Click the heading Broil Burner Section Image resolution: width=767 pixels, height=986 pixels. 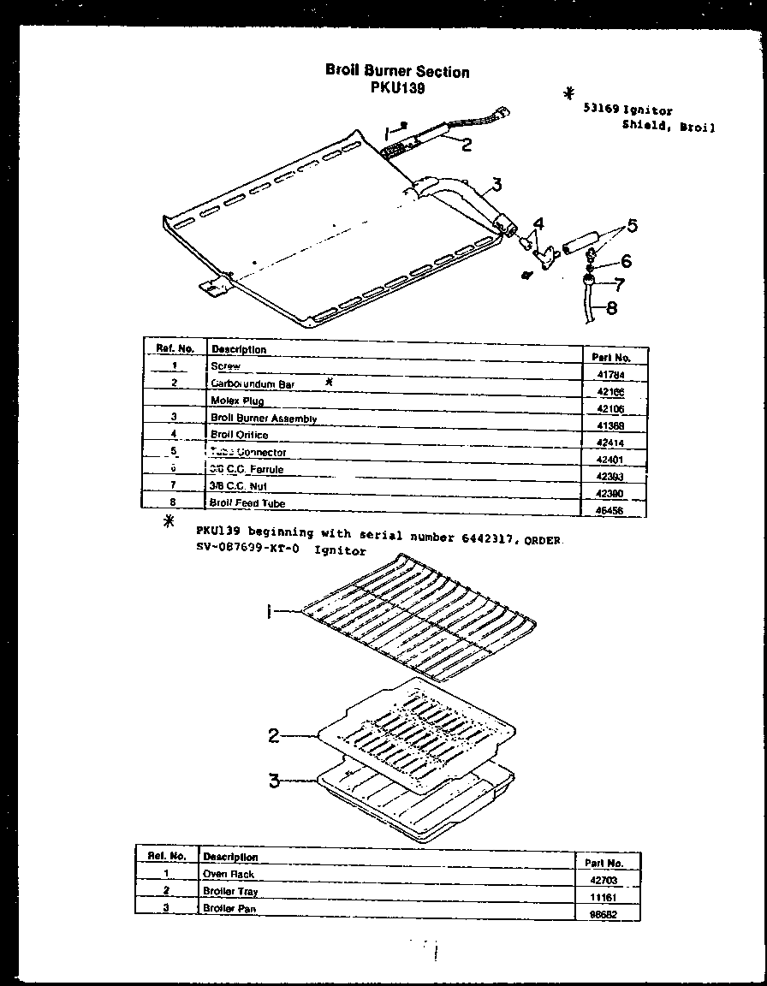point(397,72)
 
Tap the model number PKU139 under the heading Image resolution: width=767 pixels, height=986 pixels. point(398,87)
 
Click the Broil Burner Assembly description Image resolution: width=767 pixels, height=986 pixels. point(264,419)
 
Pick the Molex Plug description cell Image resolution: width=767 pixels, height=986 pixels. point(237,401)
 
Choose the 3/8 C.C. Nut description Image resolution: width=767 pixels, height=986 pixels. point(239,486)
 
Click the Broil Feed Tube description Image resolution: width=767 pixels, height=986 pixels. point(247,504)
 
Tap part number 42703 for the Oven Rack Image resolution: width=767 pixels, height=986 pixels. point(603,880)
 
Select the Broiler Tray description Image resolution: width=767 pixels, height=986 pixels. point(230,891)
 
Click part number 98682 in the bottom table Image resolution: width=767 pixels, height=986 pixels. point(603,914)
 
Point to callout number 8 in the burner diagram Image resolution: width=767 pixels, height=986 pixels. point(611,309)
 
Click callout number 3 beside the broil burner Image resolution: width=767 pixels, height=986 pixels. point(496,184)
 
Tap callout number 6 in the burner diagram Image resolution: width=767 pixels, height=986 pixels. point(626,261)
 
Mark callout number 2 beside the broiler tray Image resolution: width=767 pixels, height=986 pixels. point(274,734)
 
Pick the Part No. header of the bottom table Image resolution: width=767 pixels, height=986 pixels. point(603,863)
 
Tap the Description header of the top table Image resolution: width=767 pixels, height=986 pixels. point(239,349)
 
